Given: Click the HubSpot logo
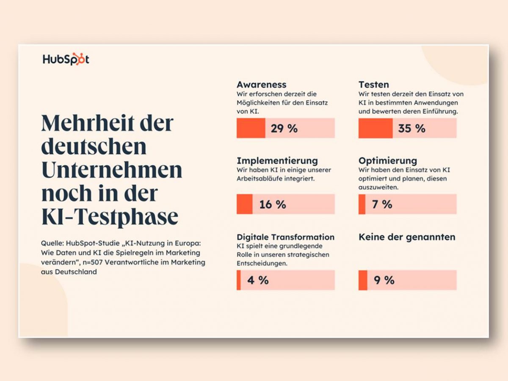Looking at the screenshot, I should coord(66,59).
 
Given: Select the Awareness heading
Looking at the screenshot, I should coord(261,85).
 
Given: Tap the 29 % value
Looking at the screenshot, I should coord(284,128).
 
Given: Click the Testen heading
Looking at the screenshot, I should coord(373,85).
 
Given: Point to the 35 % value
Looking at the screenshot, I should coord(411,128).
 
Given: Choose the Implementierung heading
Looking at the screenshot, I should coord(277,161).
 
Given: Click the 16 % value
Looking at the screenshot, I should coord(273,204).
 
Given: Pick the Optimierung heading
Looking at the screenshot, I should coord(387,161).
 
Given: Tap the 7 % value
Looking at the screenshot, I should coord(382,204).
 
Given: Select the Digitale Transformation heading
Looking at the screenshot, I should coord(285,237).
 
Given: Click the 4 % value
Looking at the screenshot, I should coord(258,280).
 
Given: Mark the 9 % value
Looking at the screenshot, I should coord(384,280).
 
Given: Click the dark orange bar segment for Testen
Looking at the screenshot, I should coord(375,128).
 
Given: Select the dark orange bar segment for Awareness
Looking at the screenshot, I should coord(251,128).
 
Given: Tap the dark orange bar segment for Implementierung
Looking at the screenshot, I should coord(244,204).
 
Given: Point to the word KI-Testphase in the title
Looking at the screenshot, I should coord(110,217).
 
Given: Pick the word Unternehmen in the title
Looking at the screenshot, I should coord(111,170).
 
